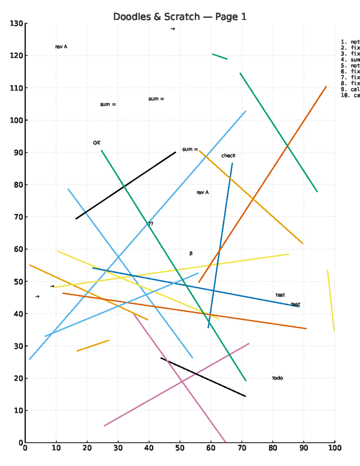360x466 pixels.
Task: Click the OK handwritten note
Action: click(97, 143)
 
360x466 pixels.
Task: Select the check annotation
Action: click(228, 156)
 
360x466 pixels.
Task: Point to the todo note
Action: click(277, 378)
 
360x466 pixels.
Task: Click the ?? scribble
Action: click(151, 224)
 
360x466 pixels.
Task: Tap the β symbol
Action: click(191, 254)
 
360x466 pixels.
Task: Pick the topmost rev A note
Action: click(61, 47)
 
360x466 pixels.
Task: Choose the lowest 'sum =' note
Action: click(190, 149)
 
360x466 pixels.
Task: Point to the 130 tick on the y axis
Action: click(16, 23)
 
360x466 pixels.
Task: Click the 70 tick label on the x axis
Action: click(242, 448)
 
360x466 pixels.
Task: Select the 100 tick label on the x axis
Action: click(335, 448)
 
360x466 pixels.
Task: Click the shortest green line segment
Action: click(220, 57)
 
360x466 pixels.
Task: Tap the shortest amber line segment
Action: click(93, 346)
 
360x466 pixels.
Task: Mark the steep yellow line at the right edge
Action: click(331, 300)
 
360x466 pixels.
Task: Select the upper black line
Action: click(126, 186)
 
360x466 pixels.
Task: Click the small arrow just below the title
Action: click(173, 29)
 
